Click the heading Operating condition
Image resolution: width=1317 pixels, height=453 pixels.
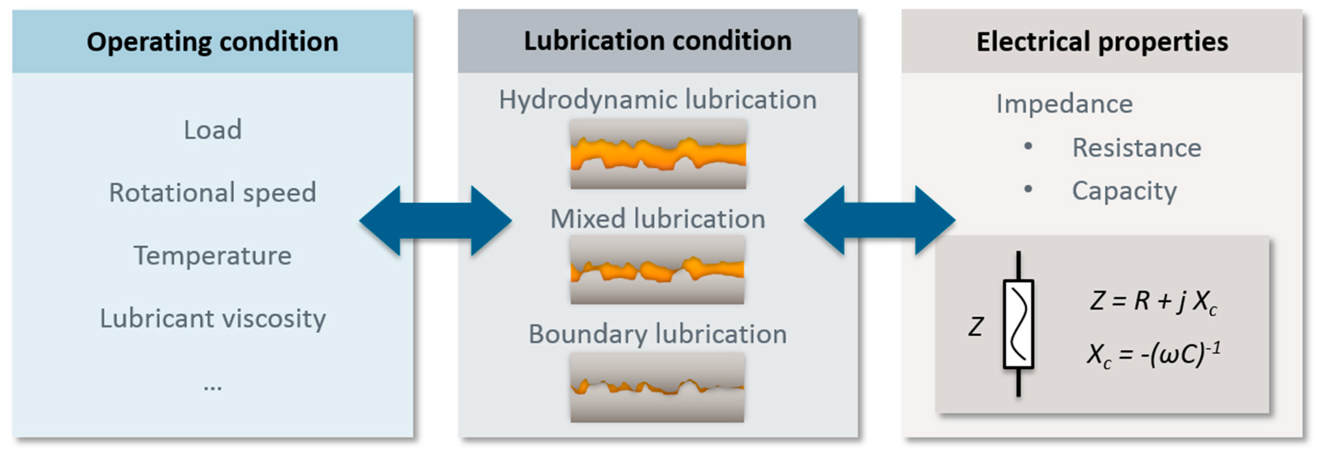click(212, 42)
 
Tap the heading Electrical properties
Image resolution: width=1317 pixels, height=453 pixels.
click(1102, 42)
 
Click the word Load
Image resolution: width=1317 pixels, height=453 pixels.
click(213, 130)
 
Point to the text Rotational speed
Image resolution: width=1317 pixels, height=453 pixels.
click(213, 193)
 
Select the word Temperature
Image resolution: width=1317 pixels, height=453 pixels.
click(213, 256)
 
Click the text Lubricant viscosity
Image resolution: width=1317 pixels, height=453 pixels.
click(213, 318)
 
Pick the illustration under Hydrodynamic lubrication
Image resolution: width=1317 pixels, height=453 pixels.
click(658, 154)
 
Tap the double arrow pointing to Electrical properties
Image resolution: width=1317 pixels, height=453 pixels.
click(880, 221)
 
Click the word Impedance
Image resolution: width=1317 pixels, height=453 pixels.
click(1064, 104)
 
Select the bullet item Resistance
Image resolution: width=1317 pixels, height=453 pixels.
click(1136, 148)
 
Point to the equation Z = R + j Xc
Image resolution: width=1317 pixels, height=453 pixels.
click(1154, 301)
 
